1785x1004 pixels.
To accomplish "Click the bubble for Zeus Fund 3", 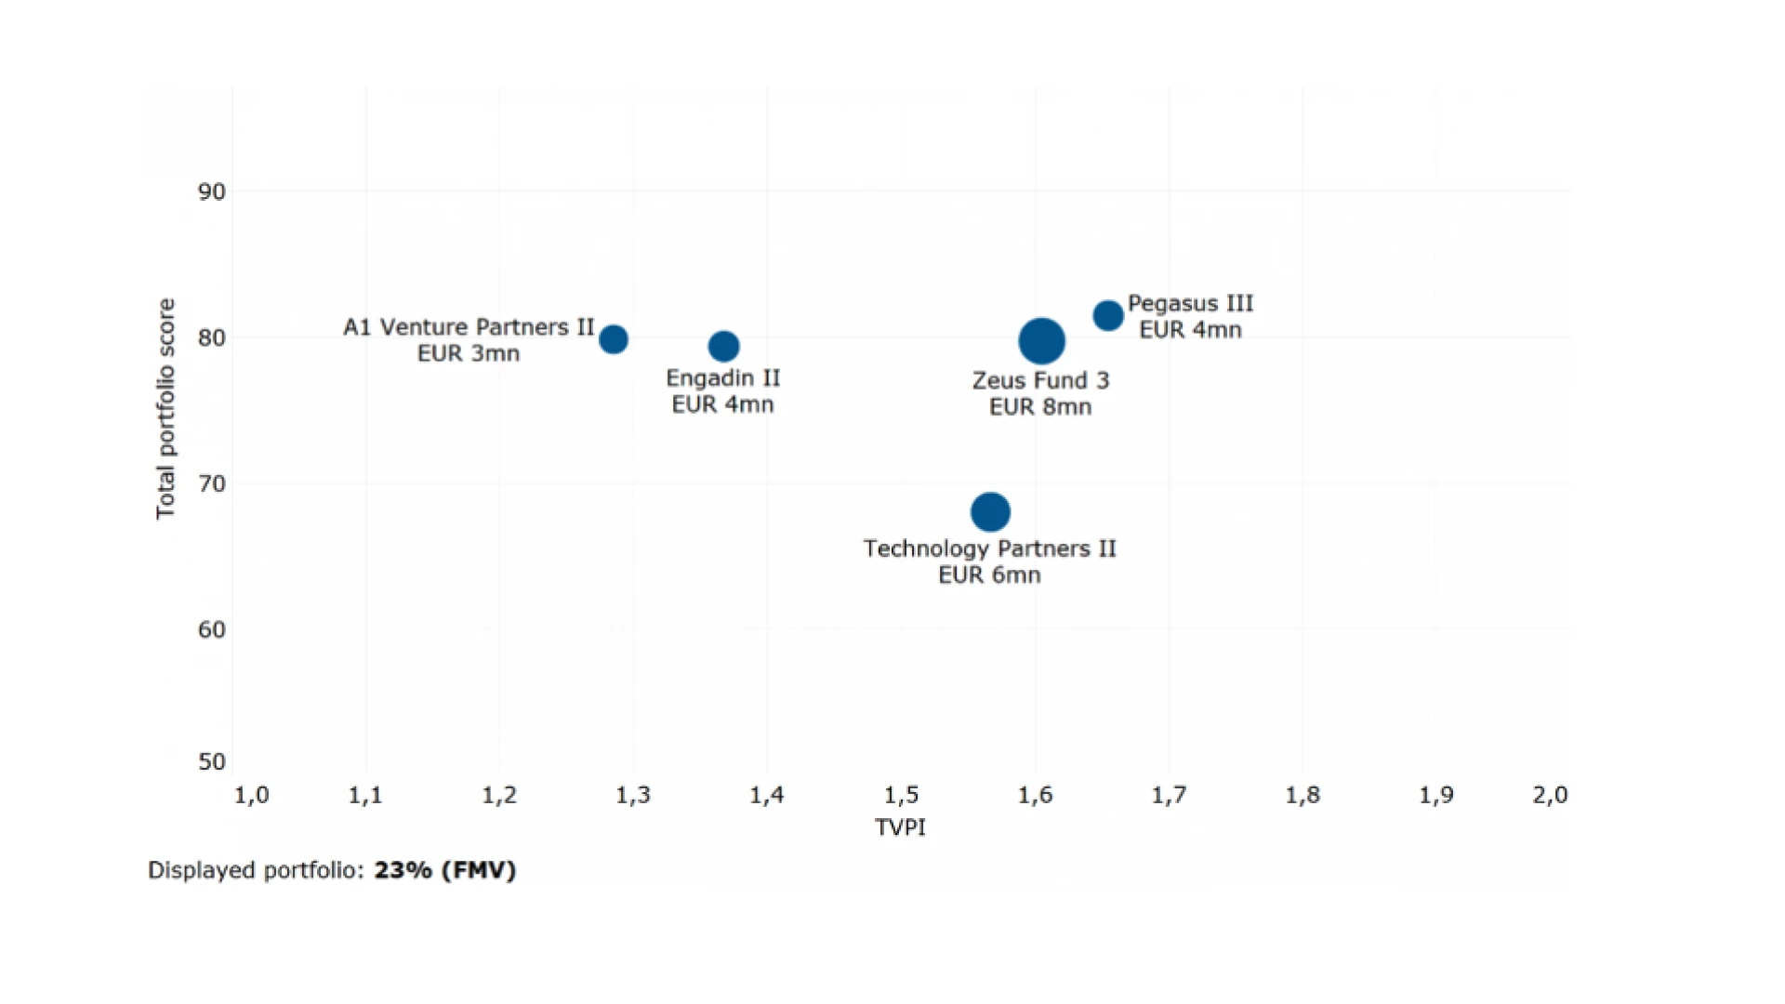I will pyautogui.click(x=1041, y=341).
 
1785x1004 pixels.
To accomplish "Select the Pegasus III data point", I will pyautogui.click(x=1107, y=316).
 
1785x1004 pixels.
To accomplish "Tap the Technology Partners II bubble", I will pyautogui.click(x=990, y=511).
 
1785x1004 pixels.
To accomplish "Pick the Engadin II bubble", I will pyautogui.click(x=723, y=347).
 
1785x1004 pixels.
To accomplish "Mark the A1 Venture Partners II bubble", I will pyautogui.click(x=613, y=339).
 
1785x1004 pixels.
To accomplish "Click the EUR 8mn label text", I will pyautogui.click(x=1039, y=407).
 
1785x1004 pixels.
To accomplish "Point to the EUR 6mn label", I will pyautogui.click(x=989, y=575).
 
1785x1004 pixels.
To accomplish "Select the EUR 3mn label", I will pyautogui.click(x=468, y=354).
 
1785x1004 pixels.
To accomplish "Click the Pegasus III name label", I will pyautogui.click(x=1190, y=304).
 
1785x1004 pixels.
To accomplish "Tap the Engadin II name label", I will pyautogui.click(x=722, y=378).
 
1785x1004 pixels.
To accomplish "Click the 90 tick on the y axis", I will pyautogui.click(x=212, y=192).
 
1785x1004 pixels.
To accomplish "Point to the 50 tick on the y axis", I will pyautogui.click(x=212, y=762).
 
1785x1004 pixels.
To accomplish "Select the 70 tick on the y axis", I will pyautogui.click(x=212, y=484).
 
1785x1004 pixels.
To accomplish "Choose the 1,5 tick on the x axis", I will pyautogui.click(x=901, y=796).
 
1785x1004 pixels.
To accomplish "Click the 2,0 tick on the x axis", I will pyautogui.click(x=1550, y=796).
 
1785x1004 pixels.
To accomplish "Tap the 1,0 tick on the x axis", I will pyautogui.click(x=251, y=796).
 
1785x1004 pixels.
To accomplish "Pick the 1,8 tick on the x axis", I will pyautogui.click(x=1302, y=796).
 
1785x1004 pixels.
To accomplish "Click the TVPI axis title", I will pyautogui.click(x=900, y=827).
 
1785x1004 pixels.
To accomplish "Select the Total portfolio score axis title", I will pyautogui.click(x=165, y=409).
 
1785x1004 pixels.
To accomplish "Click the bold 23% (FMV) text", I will pyautogui.click(x=444, y=870).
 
